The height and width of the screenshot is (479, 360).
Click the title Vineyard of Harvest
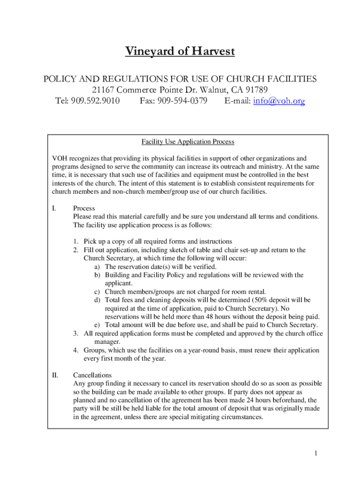(x=180, y=51)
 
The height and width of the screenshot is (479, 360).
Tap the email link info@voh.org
(x=279, y=101)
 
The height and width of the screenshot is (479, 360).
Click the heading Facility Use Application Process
(x=187, y=142)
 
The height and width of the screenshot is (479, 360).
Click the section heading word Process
(x=84, y=208)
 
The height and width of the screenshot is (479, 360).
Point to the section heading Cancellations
(x=93, y=375)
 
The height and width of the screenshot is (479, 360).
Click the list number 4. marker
(x=75, y=350)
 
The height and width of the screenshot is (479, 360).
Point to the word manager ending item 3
(x=108, y=342)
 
